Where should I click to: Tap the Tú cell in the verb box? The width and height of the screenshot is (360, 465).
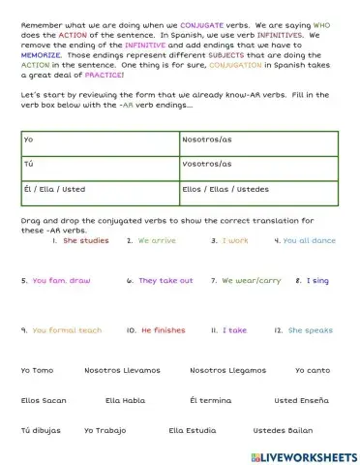tap(100, 165)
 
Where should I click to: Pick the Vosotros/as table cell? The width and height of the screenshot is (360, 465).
tap(258, 165)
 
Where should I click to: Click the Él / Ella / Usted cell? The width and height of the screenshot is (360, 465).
tap(100, 189)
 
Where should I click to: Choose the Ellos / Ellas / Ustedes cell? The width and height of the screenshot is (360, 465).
tap(258, 189)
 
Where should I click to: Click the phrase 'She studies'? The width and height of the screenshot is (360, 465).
tap(85, 240)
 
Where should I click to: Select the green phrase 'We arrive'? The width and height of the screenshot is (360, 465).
tap(157, 240)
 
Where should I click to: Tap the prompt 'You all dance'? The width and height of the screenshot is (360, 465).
tap(309, 240)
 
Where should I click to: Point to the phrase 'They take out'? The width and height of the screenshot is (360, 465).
tap(165, 281)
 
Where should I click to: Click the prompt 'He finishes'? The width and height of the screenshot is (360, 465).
tap(163, 330)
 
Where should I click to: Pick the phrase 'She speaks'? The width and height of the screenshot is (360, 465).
tap(310, 330)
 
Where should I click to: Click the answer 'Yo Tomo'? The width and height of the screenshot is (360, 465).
tap(38, 370)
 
